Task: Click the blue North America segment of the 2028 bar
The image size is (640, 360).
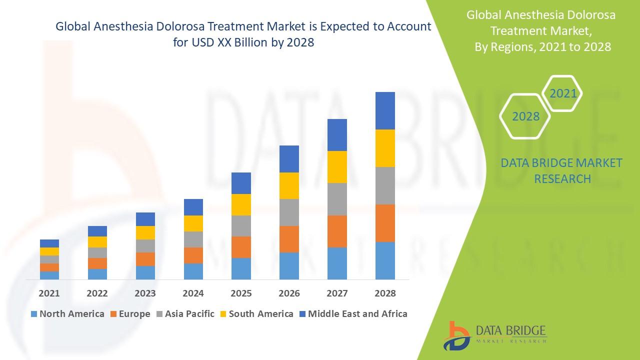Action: coord(385,260)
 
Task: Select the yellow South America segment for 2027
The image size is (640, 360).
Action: coord(337,167)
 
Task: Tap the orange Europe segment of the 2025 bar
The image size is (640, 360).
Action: coord(241,247)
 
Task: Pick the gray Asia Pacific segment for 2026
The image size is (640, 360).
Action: coord(289,212)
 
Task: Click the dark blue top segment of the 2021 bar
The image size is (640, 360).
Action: coord(49,243)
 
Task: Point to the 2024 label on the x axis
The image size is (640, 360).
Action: coord(193,293)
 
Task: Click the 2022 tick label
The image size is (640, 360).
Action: coord(97,293)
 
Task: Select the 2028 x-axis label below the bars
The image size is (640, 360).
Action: coord(385,293)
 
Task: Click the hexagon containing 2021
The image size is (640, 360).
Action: coord(563,93)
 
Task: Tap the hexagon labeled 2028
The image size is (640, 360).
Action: coord(525,116)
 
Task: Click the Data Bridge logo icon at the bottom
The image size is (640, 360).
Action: coord(456,335)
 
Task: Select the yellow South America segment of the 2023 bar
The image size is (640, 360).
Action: coord(145,232)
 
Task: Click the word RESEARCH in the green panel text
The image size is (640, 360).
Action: coord(562,178)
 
